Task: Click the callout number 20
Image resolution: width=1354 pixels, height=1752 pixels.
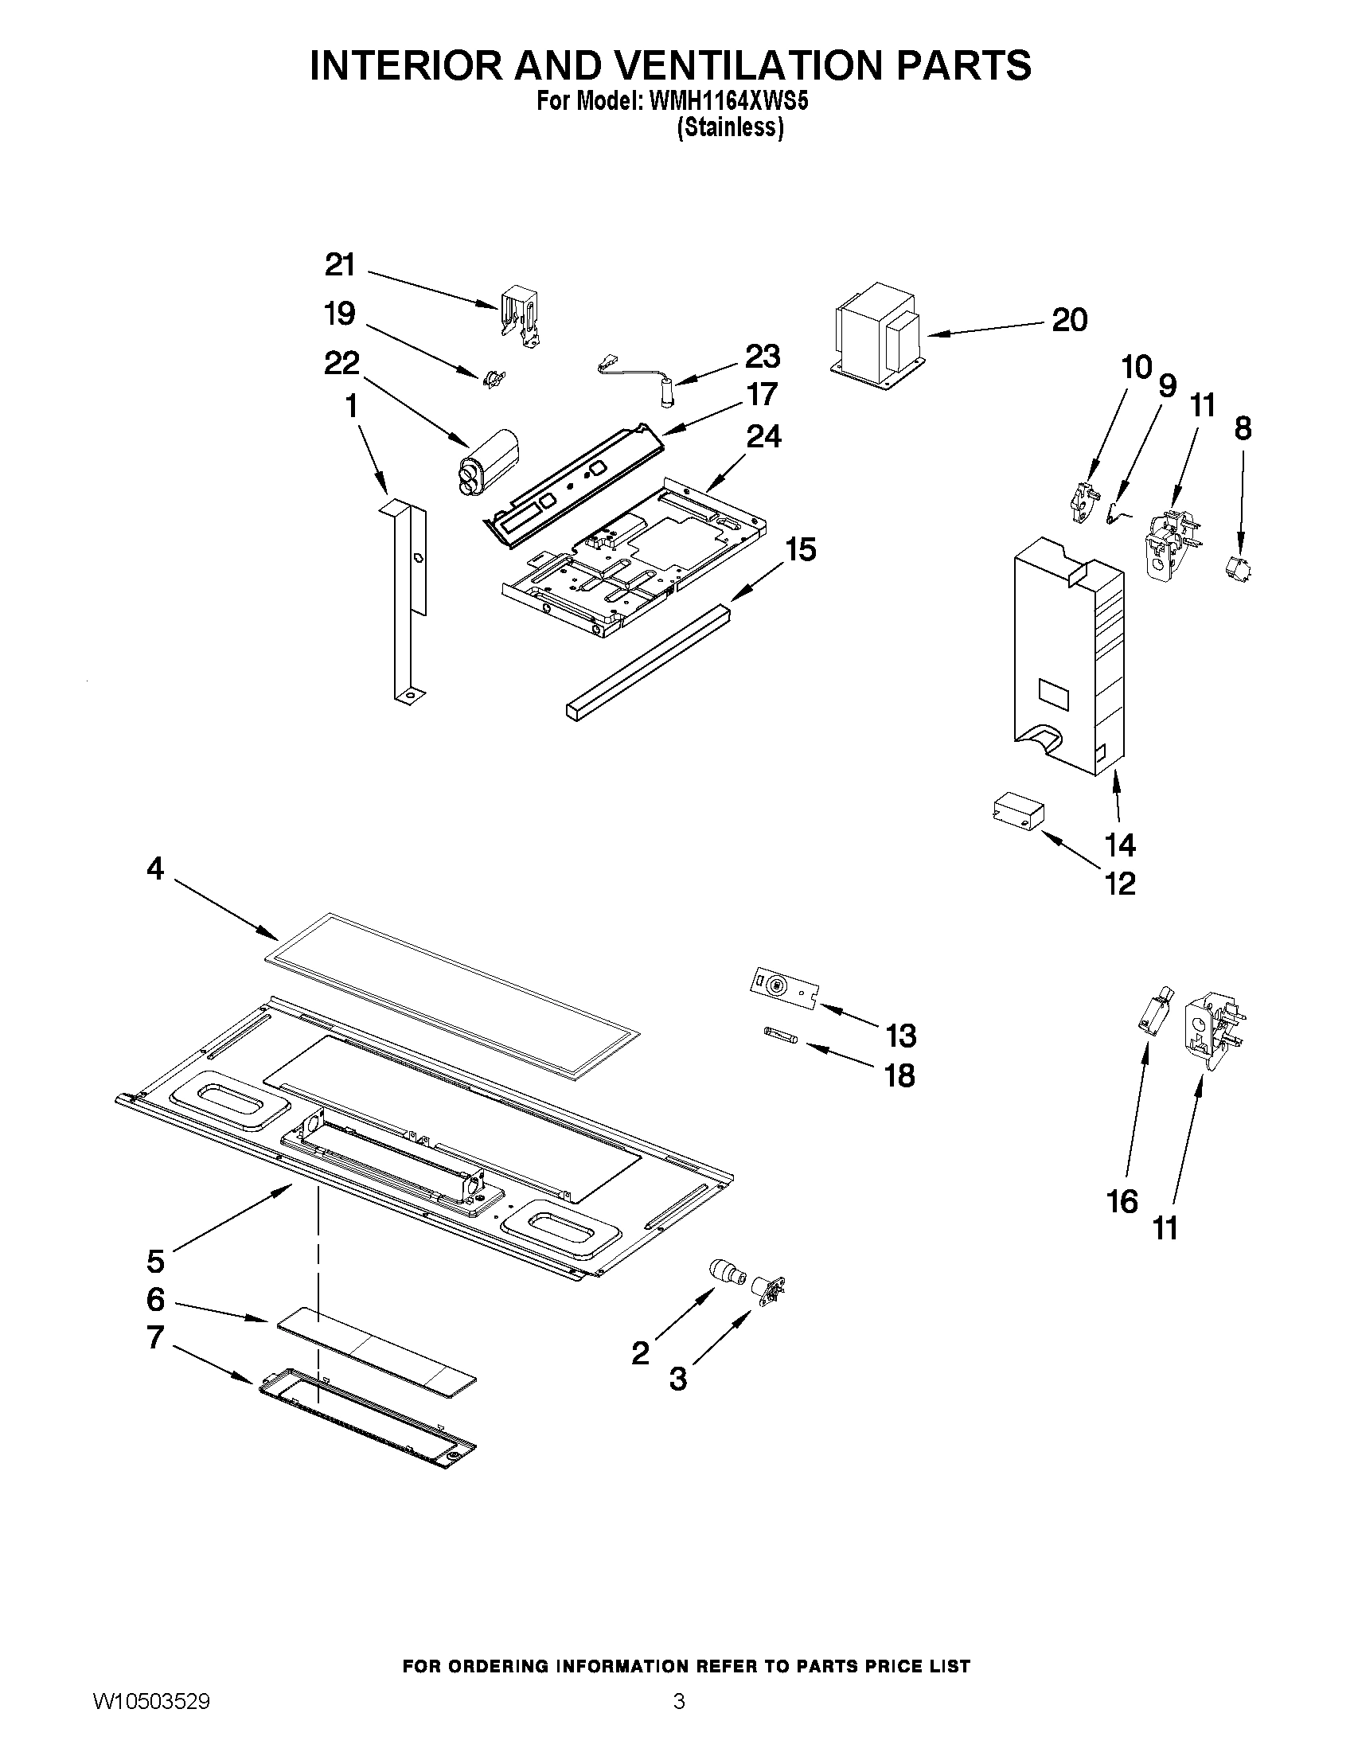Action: coord(1069,320)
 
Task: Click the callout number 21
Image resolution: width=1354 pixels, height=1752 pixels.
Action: coord(340,265)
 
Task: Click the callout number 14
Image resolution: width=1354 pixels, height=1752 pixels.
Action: coord(1120,845)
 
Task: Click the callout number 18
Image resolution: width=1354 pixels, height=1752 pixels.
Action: coord(899,1075)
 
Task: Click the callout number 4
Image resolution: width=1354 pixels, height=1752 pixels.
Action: coord(154,868)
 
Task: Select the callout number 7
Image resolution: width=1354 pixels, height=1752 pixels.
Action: coord(154,1337)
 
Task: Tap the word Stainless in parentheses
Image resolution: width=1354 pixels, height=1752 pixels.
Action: coord(729,127)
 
